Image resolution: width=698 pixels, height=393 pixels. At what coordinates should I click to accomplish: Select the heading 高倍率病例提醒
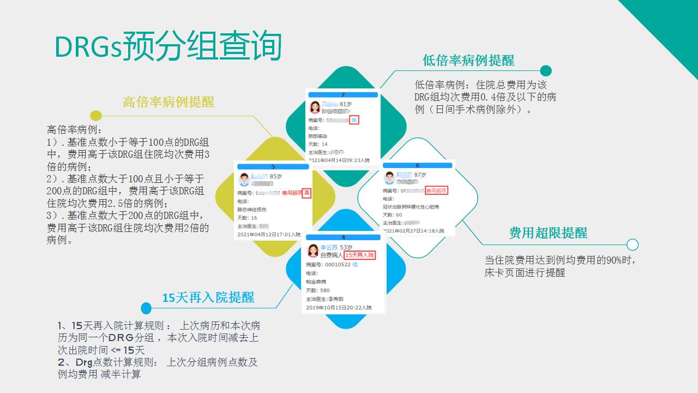[169, 102]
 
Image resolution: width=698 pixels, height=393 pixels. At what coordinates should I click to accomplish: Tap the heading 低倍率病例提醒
[468, 60]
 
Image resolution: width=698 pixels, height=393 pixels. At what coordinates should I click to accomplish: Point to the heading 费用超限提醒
[548, 233]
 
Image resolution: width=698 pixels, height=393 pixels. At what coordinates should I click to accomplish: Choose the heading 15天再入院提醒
[208, 297]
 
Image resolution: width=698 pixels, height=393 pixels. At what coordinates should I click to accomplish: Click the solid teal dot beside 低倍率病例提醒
[546, 71]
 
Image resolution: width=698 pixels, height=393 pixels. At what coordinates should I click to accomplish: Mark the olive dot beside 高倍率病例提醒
[96, 115]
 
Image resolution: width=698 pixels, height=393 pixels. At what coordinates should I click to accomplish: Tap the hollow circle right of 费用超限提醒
[633, 245]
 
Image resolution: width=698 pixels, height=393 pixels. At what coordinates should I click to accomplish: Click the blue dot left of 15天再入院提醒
[146, 308]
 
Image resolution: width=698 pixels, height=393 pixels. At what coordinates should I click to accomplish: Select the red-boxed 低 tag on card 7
[354, 120]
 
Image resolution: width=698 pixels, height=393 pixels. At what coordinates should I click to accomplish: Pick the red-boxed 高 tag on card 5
[306, 193]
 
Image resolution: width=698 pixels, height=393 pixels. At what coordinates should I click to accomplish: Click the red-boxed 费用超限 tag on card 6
[436, 190]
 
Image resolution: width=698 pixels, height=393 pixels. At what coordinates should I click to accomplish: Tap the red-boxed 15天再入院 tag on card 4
[360, 255]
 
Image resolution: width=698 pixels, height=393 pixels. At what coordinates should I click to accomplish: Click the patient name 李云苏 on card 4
[329, 247]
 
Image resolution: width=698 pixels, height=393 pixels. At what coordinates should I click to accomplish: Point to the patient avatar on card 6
[389, 178]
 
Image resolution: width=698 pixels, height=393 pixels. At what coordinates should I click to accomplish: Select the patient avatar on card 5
[244, 180]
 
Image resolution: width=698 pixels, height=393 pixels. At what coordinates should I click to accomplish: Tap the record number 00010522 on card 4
[338, 265]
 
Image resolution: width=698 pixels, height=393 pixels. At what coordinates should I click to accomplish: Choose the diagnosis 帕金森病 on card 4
[315, 282]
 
